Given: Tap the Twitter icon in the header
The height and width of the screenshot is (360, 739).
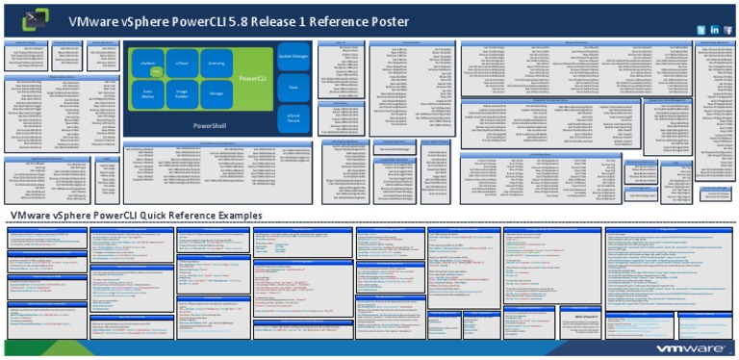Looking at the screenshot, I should click(x=701, y=31).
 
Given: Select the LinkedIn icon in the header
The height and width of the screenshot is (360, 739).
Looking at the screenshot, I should click(x=714, y=31).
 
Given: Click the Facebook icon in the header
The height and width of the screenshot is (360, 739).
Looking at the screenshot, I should click(x=727, y=31).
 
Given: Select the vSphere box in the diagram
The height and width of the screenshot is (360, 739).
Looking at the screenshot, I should click(x=148, y=64).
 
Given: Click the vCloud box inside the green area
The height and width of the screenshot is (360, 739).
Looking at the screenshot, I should click(x=182, y=64).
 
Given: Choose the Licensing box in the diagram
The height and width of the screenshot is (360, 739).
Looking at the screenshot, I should click(x=216, y=64).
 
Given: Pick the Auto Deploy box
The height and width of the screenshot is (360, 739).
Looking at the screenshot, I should click(x=148, y=93).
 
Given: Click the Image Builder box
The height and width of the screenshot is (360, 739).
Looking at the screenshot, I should click(x=182, y=93).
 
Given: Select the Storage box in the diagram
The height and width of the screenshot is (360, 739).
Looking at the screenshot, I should click(x=216, y=93).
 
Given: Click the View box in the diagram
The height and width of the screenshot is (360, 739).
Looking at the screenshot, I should click(x=293, y=88).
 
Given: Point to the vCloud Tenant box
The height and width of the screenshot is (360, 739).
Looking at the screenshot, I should click(x=293, y=118).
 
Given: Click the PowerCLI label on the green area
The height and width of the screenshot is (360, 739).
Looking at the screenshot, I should click(x=253, y=78).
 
